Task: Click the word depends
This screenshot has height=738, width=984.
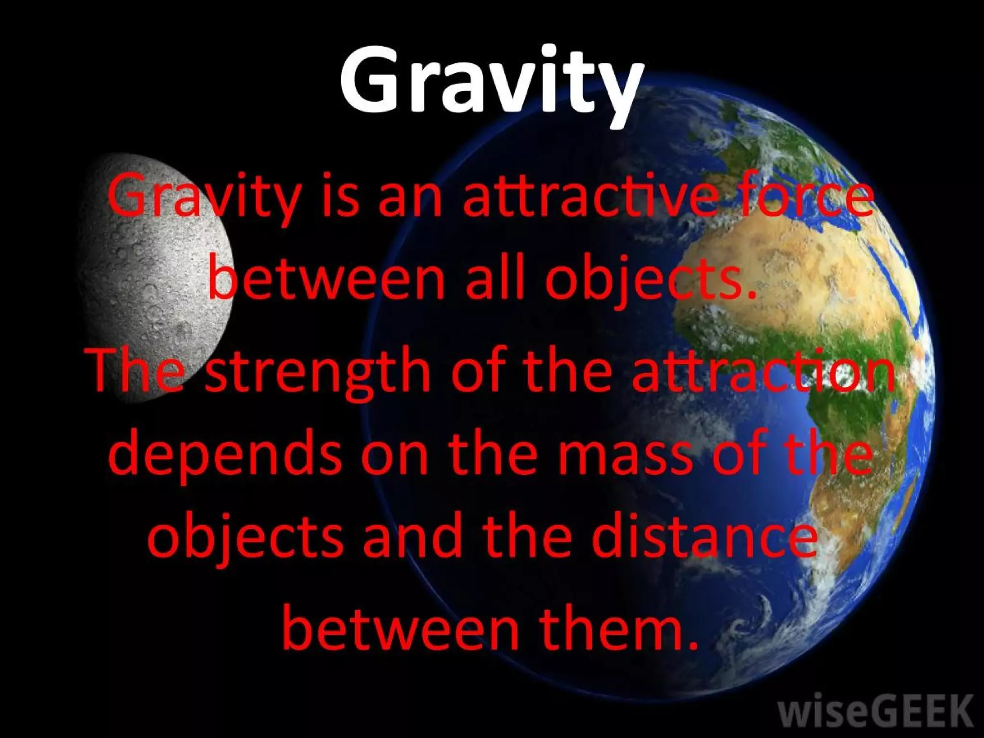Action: (226, 456)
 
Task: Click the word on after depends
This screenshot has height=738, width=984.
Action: (394, 456)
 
